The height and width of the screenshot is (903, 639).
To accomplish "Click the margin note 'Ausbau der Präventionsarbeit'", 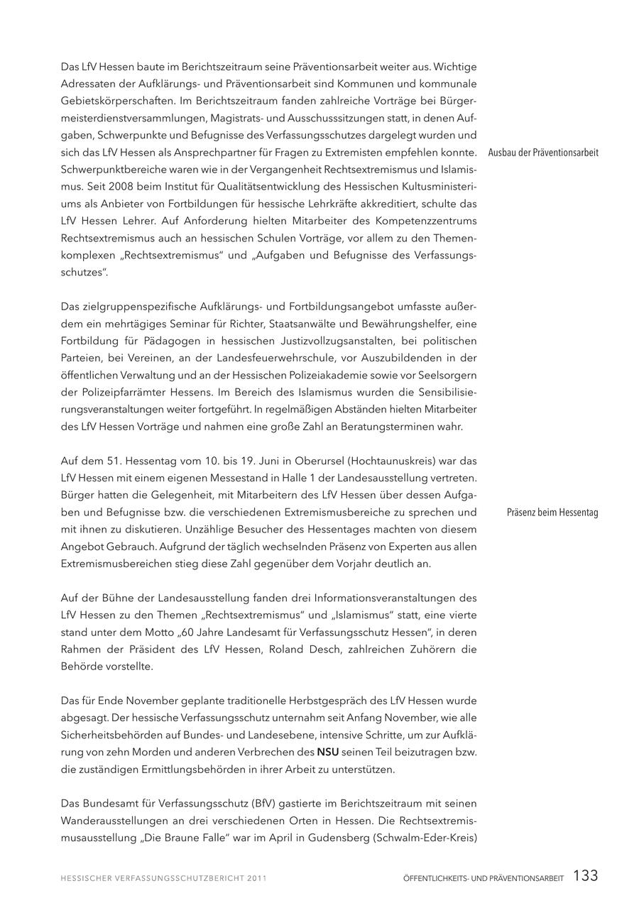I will (x=543, y=153).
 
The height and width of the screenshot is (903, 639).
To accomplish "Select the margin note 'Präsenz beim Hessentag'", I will (x=552, y=513).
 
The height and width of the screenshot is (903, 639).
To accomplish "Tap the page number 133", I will (x=585, y=876).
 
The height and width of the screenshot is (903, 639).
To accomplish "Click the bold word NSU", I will (x=327, y=752).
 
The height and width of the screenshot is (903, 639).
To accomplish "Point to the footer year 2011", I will (x=256, y=878).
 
